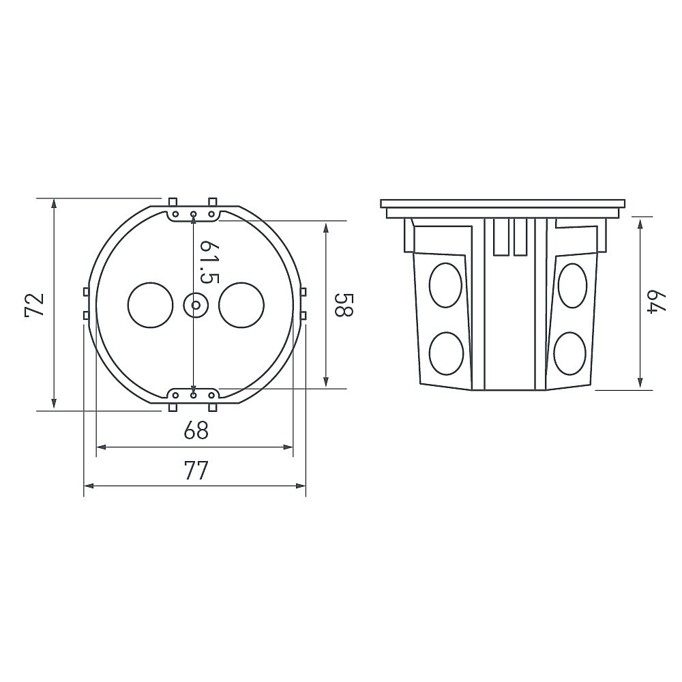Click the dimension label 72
click(x=35, y=304)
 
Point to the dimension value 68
click(x=196, y=430)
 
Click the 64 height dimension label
click(x=658, y=302)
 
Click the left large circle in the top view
click(x=151, y=306)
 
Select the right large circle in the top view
click(x=241, y=306)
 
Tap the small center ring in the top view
click(x=194, y=305)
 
